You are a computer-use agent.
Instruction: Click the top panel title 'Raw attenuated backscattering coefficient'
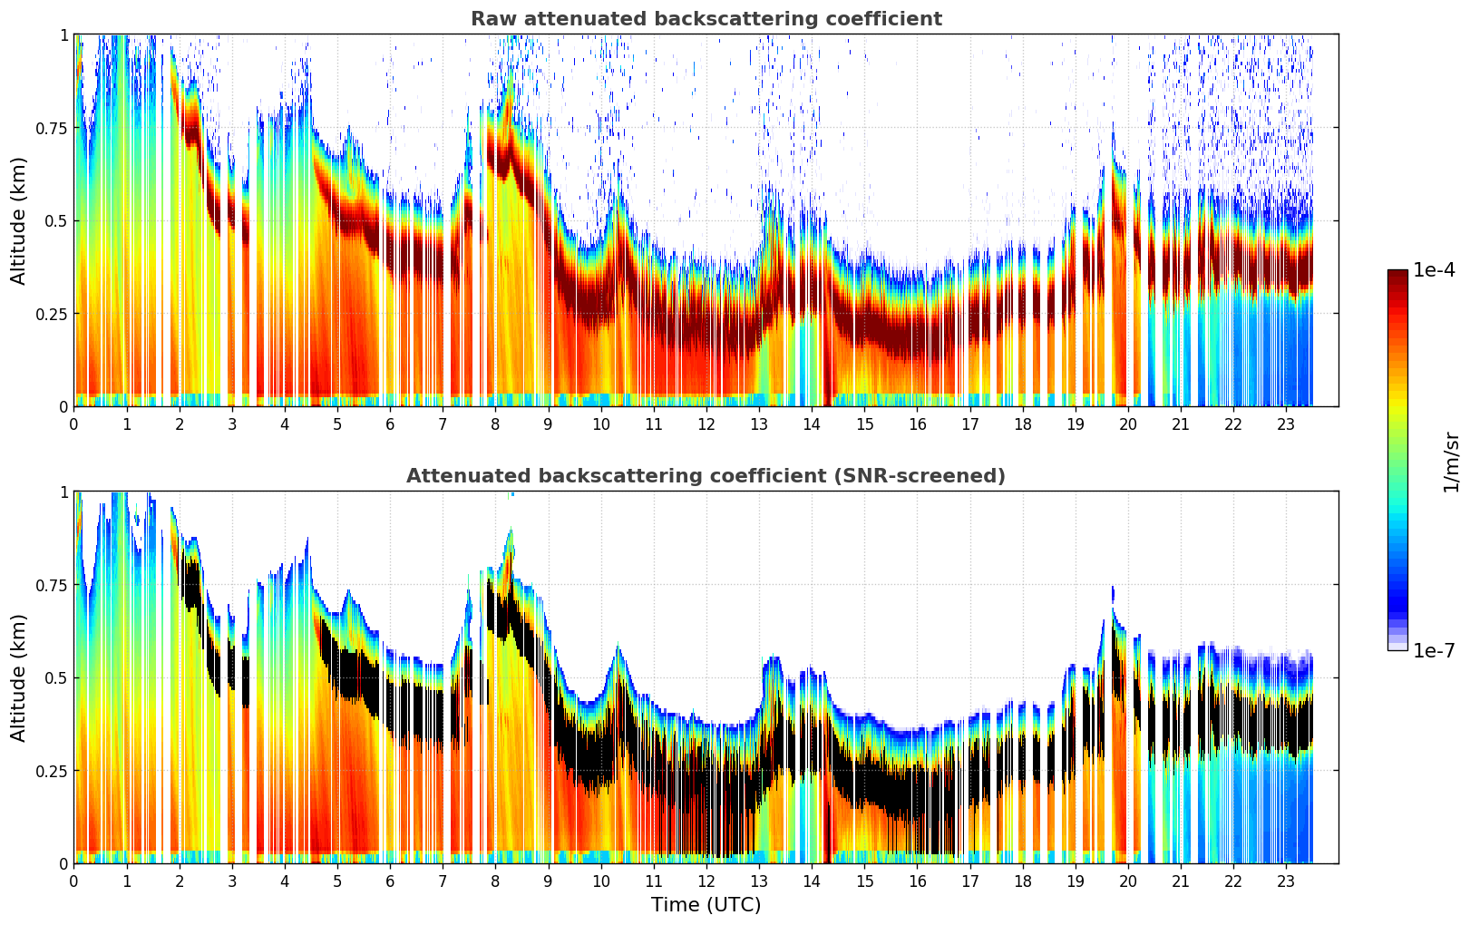[x=706, y=19]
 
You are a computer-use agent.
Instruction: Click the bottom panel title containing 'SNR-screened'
[x=706, y=476]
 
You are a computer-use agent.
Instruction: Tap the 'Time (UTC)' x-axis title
[x=706, y=905]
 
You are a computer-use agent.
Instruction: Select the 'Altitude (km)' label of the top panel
[x=19, y=220]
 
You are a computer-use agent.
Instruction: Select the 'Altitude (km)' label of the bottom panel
[x=19, y=677]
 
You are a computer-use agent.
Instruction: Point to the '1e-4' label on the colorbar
[x=1434, y=270]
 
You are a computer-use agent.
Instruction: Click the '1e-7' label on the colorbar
[x=1434, y=650]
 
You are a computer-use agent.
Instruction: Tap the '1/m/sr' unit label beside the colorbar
[x=1451, y=462]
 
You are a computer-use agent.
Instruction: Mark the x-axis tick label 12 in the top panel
[x=706, y=424]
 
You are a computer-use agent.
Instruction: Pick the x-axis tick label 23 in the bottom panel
[x=1286, y=881]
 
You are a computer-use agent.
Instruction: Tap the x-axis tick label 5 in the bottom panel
[x=337, y=881]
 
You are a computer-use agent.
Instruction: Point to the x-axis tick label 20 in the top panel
[x=1128, y=424]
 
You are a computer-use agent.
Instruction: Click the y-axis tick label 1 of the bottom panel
[x=63, y=492]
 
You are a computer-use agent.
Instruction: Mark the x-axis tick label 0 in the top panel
[x=74, y=424]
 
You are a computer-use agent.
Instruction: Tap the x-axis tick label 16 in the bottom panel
[x=917, y=881]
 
